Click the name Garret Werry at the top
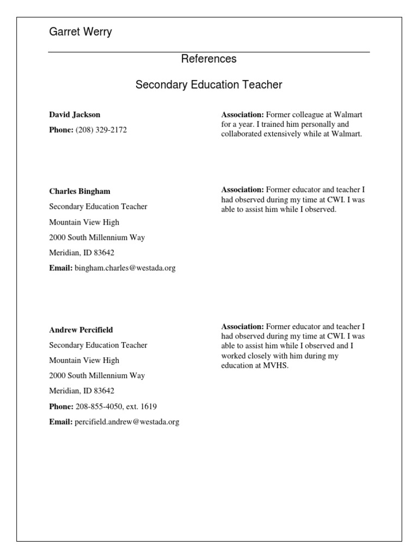point(80,32)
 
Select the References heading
point(208,59)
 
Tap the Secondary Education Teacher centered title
point(208,85)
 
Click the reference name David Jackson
point(75,114)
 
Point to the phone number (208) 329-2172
point(101,130)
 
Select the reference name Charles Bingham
point(79,191)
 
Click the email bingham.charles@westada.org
point(125,268)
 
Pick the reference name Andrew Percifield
point(81,330)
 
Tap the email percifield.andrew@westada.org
point(127,422)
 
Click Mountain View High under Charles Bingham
point(84,222)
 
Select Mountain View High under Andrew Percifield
point(84,360)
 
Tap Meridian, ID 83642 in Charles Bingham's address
point(82,253)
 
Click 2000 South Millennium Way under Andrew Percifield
point(97,375)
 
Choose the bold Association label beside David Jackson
point(242,114)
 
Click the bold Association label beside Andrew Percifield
point(242,326)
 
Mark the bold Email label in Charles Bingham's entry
point(61,268)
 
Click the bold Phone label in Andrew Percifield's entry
point(61,407)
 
